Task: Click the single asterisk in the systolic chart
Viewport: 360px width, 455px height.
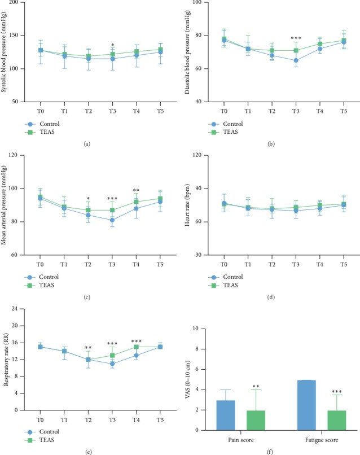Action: click(112, 46)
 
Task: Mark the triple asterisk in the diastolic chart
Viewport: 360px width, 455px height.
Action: click(296, 39)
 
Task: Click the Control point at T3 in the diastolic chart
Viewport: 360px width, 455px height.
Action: click(296, 60)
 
